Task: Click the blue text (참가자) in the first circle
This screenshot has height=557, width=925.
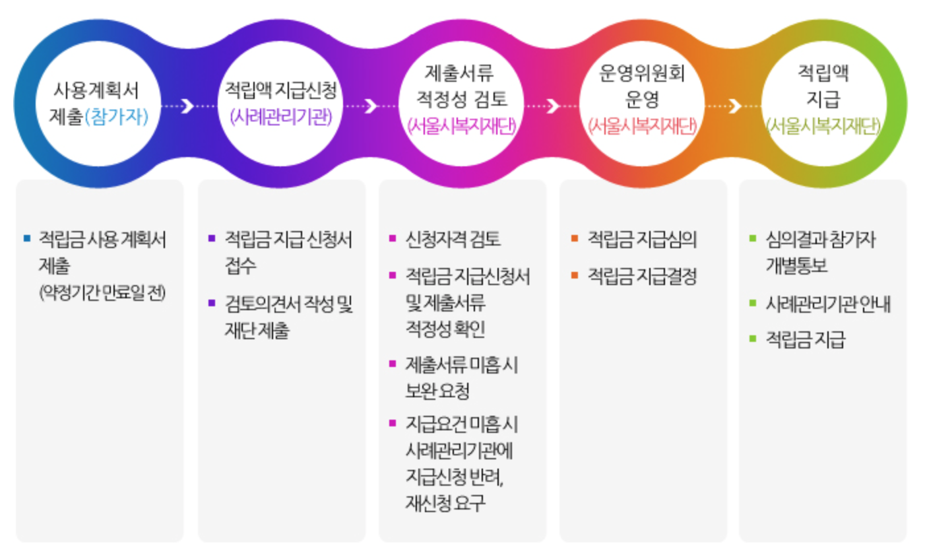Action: pyautogui.click(x=117, y=117)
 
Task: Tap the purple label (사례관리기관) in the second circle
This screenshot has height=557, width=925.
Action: pyautogui.click(x=281, y=117)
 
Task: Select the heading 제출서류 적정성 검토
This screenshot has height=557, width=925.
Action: pyautogui.click(x=461, y=86)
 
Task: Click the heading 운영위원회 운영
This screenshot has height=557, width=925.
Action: pyautogui.click(x=641, y=86)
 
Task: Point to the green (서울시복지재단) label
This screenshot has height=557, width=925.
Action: pyautogui.click(x=823, y=125)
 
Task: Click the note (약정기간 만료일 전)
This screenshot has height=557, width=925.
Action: pyautogui.click(x=102, y=292)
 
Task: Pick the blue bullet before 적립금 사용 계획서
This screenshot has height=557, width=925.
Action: pyautogui.click(x=26, y=238)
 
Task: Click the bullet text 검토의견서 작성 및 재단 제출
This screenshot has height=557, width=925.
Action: pyautogui.click(x=289, y=317)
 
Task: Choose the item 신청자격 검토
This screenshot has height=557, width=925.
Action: pyautogui.click(x=453, y=239)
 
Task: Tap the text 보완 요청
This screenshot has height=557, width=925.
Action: pyautogui.click(x=437, y=391)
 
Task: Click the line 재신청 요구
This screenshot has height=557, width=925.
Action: pyautogui.click(x=445, y=503)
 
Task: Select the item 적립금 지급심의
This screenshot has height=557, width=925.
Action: pyautogui.click(x=641, y=239)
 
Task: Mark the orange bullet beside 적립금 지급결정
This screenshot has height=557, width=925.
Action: pyautogui.click(x=575, y=275)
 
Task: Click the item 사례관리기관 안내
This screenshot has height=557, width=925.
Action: pyautogui.click(x=828, y=304)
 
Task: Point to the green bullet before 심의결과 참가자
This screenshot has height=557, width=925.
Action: pyautogui.click(x=752, y=238)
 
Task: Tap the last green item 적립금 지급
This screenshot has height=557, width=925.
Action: pyautogui.click(x=805, y=340)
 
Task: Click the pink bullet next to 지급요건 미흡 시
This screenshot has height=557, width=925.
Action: pyautogui.click(x=393, y=423)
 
